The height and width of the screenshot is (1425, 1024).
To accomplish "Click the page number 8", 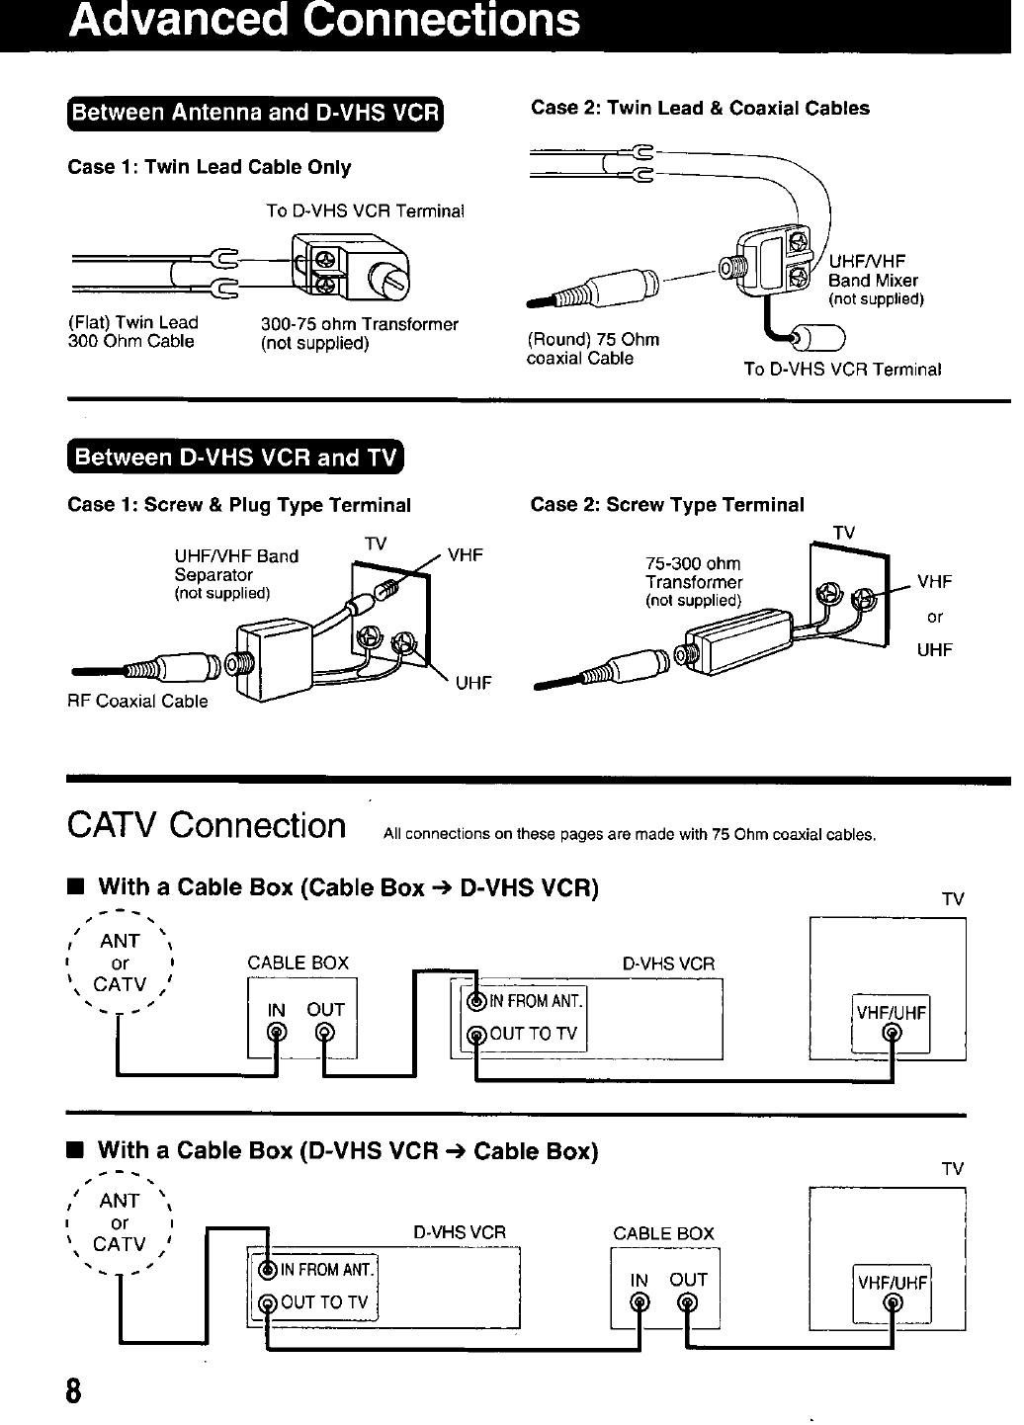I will click(73, 1392).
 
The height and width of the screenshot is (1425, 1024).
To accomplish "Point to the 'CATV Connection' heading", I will click(207, 825).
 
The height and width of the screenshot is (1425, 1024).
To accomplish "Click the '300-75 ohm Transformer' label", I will click(359, 333).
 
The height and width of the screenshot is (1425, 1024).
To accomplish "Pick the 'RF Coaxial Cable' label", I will click(137, 702).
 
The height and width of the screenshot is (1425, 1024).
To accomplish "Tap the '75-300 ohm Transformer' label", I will click(694, 581).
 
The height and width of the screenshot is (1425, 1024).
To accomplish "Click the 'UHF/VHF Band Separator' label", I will click(236, 573).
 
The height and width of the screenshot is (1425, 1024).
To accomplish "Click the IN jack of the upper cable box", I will click(278, 1035).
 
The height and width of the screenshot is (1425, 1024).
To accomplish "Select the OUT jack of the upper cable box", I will click(323, 1035).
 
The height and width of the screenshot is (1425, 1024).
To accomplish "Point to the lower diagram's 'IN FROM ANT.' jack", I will click(268, 1271).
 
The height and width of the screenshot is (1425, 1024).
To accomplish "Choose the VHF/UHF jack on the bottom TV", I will click(893, 1304).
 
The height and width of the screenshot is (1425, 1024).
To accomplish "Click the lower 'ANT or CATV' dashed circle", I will click(120, 1223).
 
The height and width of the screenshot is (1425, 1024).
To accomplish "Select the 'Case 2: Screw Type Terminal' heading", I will click(667, 505).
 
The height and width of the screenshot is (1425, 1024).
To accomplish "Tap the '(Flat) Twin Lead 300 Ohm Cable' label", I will click(132, 332).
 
